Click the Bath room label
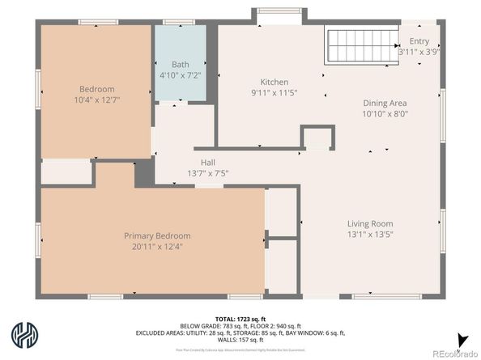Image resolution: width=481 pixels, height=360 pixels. pyautogui.click(x=180, y=64)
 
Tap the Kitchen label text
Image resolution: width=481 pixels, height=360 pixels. pyautogui.click(x=274, y=82)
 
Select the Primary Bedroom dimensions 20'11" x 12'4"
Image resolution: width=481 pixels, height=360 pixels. pyautogui.click(x=157, y=246)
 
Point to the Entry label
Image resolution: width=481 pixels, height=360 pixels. pyautogui.click(x=419, y=40)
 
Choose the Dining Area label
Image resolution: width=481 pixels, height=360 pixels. pyautogui.click(x=384, y=103)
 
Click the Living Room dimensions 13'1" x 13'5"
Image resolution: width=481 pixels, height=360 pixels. pyautogui.click(x=370, y=235)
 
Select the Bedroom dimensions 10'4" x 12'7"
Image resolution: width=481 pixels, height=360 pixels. pyautogui.click(x=96, y=100)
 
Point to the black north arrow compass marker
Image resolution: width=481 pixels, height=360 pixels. pyautogui.click(x=462, y=340)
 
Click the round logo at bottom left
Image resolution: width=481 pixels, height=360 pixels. pyautogui.click(x=23, y=334)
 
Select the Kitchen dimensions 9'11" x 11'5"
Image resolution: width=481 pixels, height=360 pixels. pyautogui.click(x=274, y=93)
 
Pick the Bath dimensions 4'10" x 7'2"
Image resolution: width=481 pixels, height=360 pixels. pyautogui.click(x=180, y=75)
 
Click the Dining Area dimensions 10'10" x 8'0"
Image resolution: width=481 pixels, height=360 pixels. pyautogui.click(x=384, y=114)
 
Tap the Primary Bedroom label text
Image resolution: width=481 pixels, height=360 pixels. pyautogui.click(x=157, y=235)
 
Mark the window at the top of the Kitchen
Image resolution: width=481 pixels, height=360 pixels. pyautogui.click(x=279, y=11)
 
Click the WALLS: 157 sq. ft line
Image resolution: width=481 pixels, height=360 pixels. pyautogui.click(x=240, y=341)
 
